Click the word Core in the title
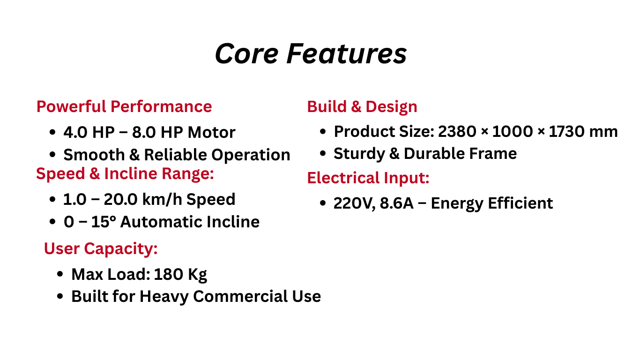pyautogui.click(x=246, y=53)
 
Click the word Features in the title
pyautogui.click(x=347, y=53)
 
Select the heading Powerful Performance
pyautogui.click(x=124, y=107)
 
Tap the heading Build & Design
pyautogui.click(x=362, y=107)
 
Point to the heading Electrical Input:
pyautogui.click(x=368, y=178)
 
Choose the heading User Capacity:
pyautogui.click(x=101, y=248)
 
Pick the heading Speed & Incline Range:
pyautogui.click(x=125, y=173)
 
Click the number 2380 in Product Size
pyautogui.click(x=457, y=132)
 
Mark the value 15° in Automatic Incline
pyautogui.click(x=104, y=222)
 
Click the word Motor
pyautogui.click(x=211, y=132)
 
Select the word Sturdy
pyautogui.click(x=359, y=154)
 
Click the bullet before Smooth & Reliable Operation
pyautogui.click(x=52, y=155)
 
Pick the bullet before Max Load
pyautogui.click(x=60, y=274)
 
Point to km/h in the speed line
pyautogui.click(x=162, y=199)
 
